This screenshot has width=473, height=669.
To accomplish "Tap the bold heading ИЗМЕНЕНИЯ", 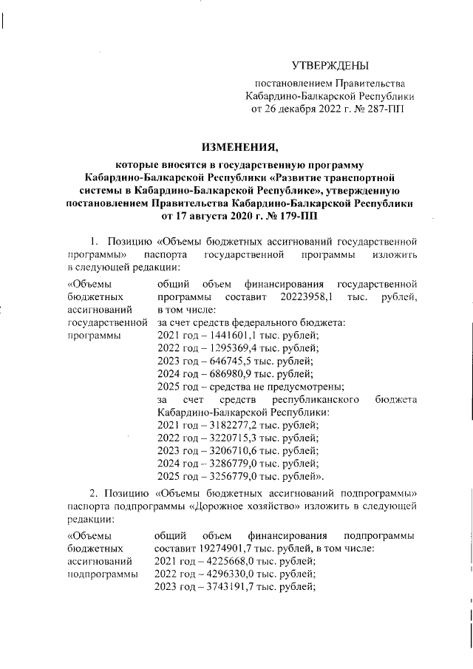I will pyautogui.click(x=236, y=148).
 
